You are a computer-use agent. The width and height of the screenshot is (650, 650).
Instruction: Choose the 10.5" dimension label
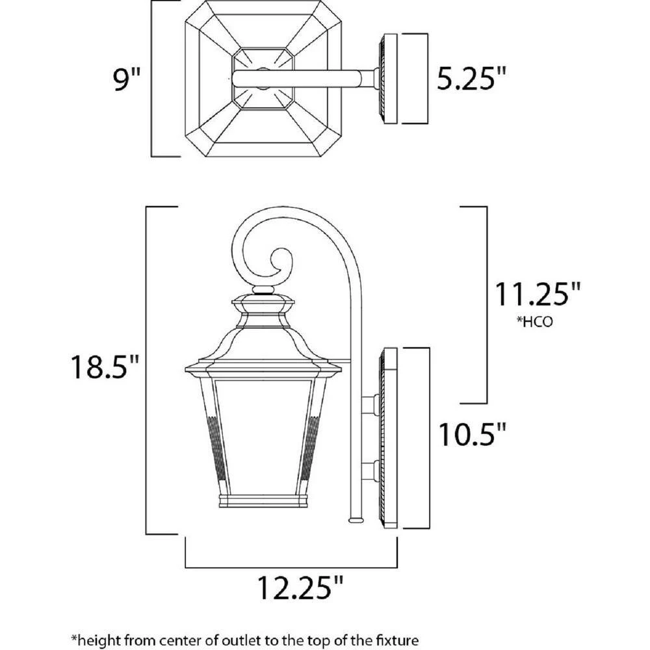point(471,434)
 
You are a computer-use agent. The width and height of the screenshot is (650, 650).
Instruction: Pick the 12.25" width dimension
point(300,588)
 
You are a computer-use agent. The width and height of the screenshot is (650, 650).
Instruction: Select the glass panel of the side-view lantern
point(262,435)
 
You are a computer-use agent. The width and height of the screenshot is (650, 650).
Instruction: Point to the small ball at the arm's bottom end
point(356,519)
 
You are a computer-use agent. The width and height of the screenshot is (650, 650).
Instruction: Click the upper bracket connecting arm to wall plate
point(372,404)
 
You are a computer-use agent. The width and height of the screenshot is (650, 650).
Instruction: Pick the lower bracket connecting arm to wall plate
point(372,470)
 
